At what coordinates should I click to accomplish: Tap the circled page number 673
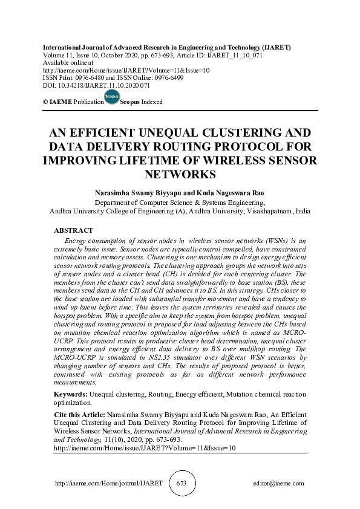181,484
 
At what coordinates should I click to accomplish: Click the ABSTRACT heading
73,230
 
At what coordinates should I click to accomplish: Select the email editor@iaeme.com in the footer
279,484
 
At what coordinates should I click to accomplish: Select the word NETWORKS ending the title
180,175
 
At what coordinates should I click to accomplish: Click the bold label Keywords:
67,394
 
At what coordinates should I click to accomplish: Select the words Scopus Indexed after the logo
142,102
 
